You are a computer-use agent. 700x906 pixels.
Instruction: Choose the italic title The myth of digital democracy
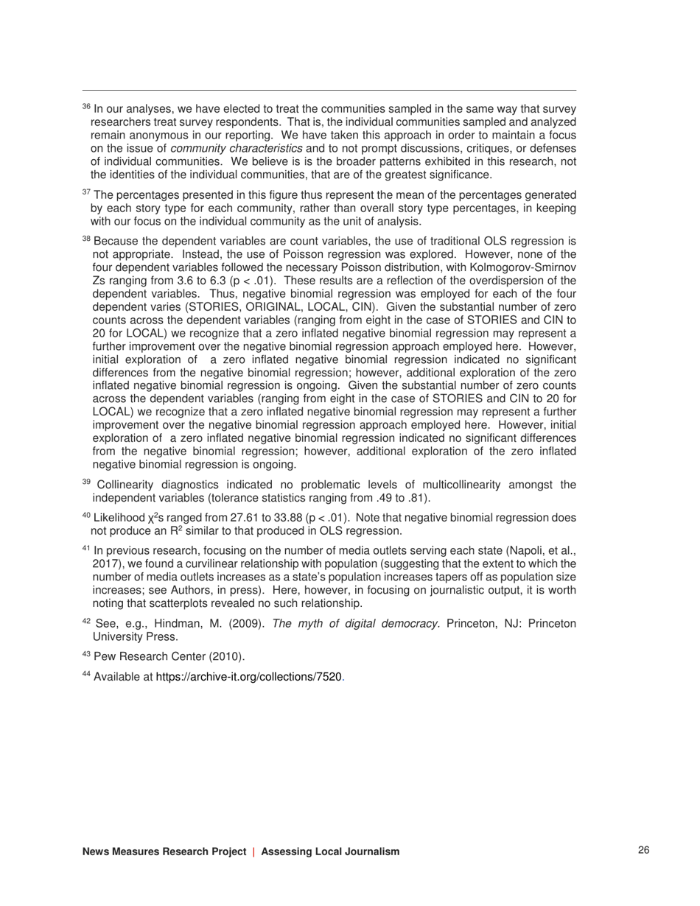tap(357, 624)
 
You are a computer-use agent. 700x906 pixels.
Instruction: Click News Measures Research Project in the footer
tap(164, 851)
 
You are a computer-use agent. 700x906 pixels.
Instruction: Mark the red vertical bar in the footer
tap(253, 851)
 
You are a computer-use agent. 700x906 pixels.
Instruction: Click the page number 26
tap(643, 851)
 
